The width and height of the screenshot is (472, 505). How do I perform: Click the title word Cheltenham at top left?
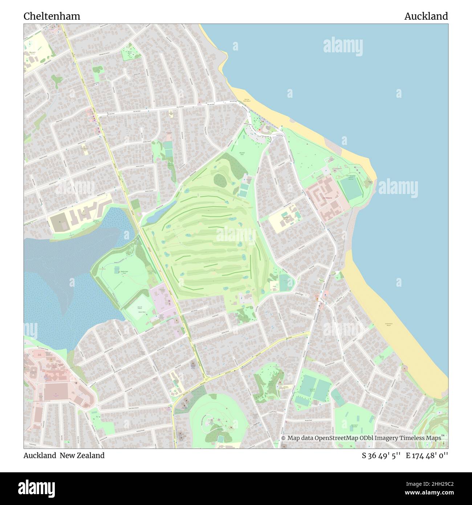point(52,16)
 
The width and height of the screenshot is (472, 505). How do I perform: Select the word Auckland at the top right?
point(426,16)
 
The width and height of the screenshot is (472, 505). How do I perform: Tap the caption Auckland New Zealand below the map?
point(64,455)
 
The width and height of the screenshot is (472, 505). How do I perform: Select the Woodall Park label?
point(242,153)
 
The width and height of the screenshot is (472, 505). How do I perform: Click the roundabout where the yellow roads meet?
point(206,380)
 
